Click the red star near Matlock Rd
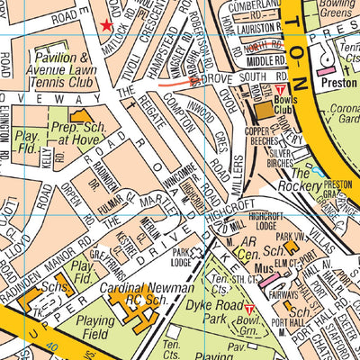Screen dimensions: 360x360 107,26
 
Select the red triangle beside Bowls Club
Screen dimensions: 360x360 280,92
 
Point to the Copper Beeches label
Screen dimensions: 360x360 261,138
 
